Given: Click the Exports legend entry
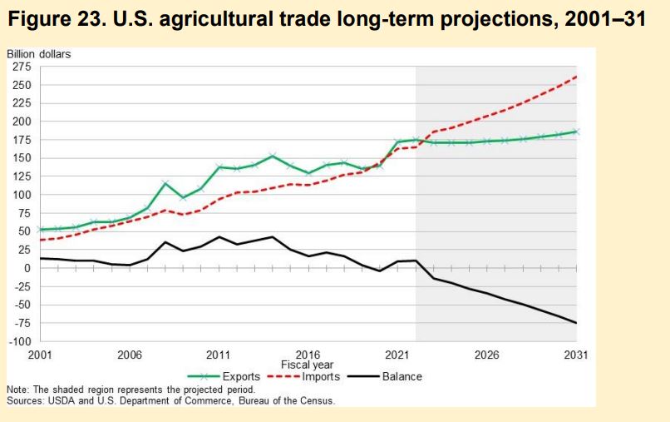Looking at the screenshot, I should click(241, 376).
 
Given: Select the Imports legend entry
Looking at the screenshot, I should click(321, 376).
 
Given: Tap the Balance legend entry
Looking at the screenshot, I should click(402, 376).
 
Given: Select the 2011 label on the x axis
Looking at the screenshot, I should click(218, 355).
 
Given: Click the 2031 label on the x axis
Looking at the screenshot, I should click(575, 355).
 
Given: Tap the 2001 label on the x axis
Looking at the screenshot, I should click(40, 355).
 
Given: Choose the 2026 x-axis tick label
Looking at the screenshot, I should click(486, 355).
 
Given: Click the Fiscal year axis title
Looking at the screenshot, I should click(307, 365).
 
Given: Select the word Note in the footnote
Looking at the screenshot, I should click(17, 390).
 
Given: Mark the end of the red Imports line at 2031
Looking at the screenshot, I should click(576, 77).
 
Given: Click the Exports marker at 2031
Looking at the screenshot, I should click(576, 132).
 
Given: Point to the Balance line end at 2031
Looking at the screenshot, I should click(576, 323).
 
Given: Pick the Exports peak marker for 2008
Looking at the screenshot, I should click(165, 183).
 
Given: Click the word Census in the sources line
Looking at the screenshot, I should click(315, 400).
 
